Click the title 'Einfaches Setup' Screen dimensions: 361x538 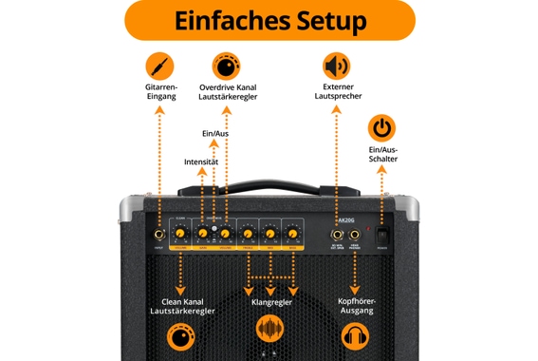tap(269, 21)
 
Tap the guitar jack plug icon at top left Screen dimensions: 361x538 tap(159, 66)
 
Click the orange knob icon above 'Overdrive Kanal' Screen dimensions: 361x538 tap(228, 66)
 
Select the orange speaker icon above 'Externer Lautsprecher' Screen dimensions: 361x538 tap(336, 66)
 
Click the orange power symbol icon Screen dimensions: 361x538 tap(381, 127)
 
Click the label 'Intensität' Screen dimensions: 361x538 tap(201, 161)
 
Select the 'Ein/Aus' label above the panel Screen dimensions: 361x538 tap(215, 134)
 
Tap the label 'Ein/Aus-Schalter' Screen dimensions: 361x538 tap(381, 156)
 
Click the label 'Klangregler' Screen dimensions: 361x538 tap(270, 302)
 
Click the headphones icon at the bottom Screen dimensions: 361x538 tap(356, 335)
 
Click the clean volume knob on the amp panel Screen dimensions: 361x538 tap(180, 234)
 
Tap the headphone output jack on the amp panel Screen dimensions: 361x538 tap(356, 234)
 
